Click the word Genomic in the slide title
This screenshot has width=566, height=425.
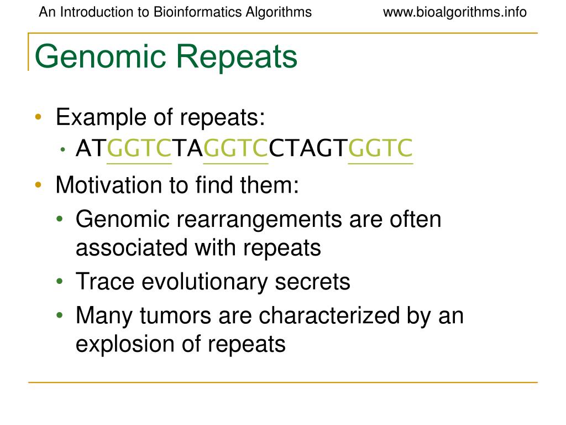point(101,57)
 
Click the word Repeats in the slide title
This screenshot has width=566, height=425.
point(237,57)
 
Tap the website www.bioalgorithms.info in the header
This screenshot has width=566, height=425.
point(454,12)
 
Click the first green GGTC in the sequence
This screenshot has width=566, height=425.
point(139,148)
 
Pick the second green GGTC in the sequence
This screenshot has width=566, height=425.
point(235,148)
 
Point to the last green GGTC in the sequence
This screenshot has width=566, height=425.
point(380,148)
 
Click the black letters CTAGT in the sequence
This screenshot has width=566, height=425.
point(308,148)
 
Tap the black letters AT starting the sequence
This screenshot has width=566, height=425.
point(91,148)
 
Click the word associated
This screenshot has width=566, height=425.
point(132,248)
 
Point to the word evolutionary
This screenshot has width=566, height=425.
point(205,282)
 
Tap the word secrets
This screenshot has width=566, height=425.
point(313,282)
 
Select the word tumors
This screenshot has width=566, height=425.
point(175,315)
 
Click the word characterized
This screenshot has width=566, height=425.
point(329,315)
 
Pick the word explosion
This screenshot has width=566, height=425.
point(125,344)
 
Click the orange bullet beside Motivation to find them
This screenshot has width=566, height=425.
point(38,185)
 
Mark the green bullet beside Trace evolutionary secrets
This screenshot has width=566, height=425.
point(60,281)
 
